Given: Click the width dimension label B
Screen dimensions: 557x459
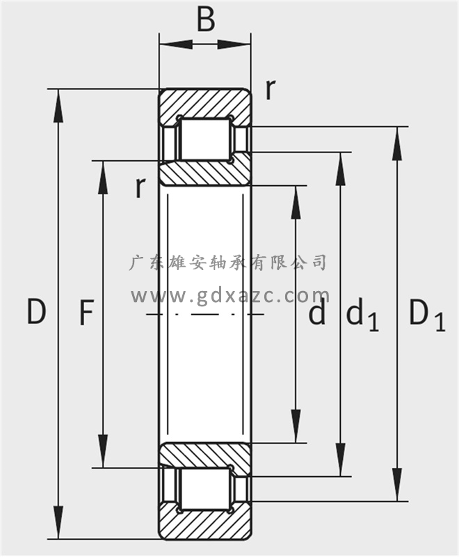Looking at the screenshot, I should click(205, 20).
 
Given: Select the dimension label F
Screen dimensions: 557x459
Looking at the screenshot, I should click(85, 313).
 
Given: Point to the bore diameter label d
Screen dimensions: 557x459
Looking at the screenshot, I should click(317, 313).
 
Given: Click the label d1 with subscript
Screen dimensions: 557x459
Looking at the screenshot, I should click(362, 315).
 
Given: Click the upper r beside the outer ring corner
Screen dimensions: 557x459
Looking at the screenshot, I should click(270, 88).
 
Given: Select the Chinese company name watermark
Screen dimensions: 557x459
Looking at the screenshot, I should click(229, 262).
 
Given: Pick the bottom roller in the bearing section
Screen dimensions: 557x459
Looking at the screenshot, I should click(204, 490).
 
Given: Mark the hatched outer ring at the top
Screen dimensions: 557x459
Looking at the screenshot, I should click(204, 102).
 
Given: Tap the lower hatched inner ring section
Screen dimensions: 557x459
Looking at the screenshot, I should click(204, 455).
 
